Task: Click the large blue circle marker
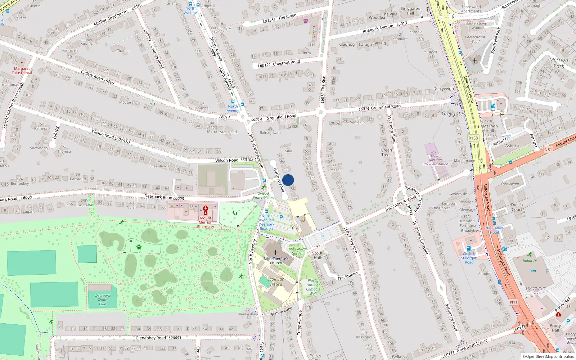point(288,180)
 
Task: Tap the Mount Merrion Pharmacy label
point(206,222)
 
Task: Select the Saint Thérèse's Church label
point(276,261)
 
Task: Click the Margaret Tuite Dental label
point(22,71)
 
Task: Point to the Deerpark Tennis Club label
point(103,300)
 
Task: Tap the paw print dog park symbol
point(139,247)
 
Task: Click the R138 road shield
point(473,138)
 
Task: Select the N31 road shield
point(548,149)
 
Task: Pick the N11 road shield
point(513,302)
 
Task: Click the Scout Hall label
point(317,255)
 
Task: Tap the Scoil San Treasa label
point(276,282)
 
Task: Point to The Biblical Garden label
point(298,251)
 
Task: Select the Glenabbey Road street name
point(151,338)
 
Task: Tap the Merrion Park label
point(559,63)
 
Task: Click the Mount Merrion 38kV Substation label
point(435,159)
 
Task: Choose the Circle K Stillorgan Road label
point(469,258)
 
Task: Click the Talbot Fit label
point(530,261)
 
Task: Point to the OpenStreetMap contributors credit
point(548,357)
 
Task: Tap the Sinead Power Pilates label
point(263,195)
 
